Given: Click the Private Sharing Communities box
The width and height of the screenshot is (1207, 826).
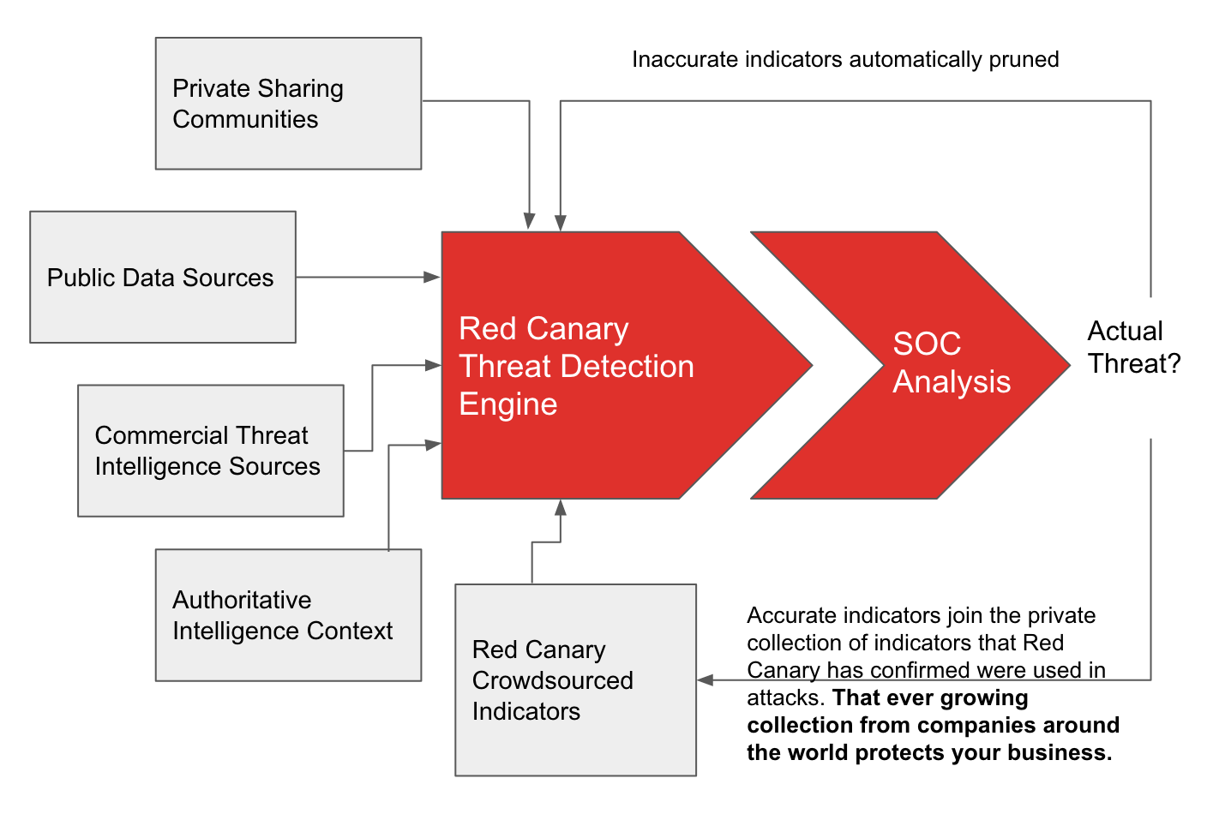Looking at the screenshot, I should click(x=288, y=103).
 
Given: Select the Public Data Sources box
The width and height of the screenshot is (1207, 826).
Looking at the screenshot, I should click(x=163, y=277).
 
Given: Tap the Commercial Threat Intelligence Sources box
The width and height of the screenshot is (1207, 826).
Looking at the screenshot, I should click(x=211, y=451).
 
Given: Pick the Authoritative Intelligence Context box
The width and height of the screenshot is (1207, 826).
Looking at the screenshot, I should click(x=288, y=615).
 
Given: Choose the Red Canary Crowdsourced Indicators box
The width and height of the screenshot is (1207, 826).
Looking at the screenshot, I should click(x=575, y=679).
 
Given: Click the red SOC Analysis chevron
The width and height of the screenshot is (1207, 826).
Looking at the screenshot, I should click(x=926, y=364).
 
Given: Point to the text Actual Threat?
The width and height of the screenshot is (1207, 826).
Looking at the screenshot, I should click(x=1133, y=347).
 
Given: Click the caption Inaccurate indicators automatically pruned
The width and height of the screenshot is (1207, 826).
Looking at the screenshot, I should click(x=845, y=59).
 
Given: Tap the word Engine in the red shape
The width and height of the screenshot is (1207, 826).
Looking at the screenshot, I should click(x=508, y=404).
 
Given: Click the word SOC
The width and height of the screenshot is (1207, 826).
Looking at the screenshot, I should click(x=927, y=344).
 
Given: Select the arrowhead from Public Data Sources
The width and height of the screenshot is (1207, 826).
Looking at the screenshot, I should click(x=433, y=277).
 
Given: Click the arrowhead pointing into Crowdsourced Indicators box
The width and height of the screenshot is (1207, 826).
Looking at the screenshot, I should click(x=706, y=680).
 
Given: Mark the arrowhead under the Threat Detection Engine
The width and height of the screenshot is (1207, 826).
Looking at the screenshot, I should click(x=561, y=507).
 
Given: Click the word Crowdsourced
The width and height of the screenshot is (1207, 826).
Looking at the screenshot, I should click(x=553, y=680).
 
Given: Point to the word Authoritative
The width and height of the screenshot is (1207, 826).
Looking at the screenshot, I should click(x=242, y=600).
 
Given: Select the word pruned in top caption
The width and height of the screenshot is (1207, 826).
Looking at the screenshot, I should click(x=1024, y=59).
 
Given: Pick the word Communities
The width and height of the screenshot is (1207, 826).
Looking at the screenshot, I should click(x=245, y=119).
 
